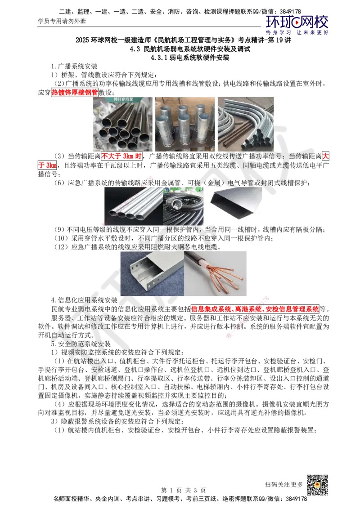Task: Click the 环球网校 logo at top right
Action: [297, 22]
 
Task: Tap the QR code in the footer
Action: [317, 485]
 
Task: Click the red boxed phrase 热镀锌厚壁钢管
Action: [74, 92]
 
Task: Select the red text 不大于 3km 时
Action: [121, 156]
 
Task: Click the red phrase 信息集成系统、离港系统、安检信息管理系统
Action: [255, 309]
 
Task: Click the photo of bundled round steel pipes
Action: [123, 124]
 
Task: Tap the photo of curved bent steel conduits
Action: [246, 124]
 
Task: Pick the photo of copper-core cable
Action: [215, 273]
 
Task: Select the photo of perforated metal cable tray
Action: [152, 273]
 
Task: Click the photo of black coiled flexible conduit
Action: [183, 206]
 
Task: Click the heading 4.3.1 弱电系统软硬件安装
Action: [190, 58]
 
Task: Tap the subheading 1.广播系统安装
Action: [74, 66]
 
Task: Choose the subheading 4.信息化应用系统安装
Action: [84, 300]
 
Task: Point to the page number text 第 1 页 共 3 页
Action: [183, 490]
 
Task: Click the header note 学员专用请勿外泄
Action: [62, 21]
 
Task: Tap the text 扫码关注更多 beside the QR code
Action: [283, 484]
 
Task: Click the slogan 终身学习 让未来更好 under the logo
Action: [297, 32]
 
